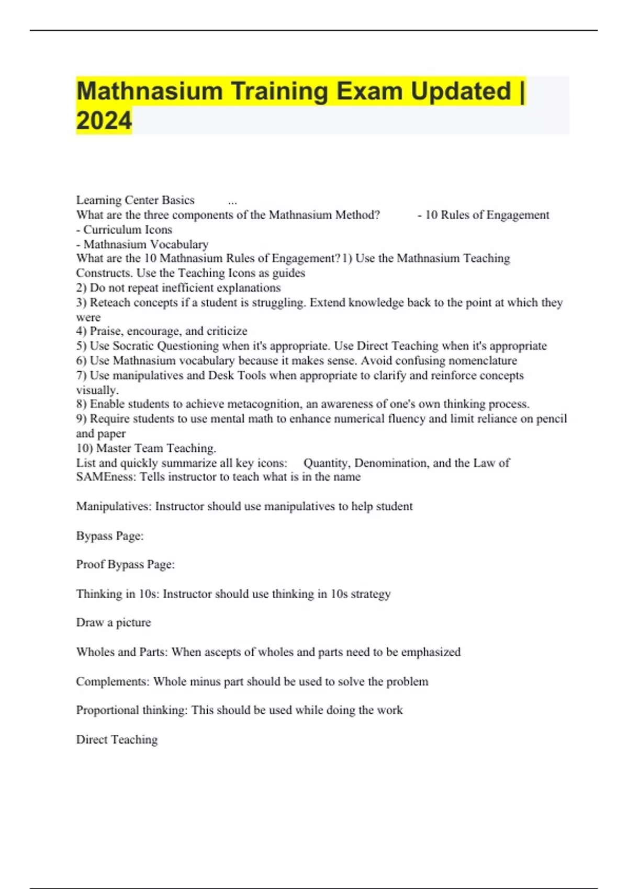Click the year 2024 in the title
pyautogui.click(x=104, y=121)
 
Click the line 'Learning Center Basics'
pyautogui.click(x=135, y=200)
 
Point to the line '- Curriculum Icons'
pyautogui.click(x=124, y=230)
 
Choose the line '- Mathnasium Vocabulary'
pyautogui.click(x=142, y=244)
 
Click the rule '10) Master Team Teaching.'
pyautogui.click(x=146, y=448)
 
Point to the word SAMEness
pyautogui.click(x=106, y=477)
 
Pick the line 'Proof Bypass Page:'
pyautogui.click(x=126, y=565)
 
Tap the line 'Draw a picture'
pyautogui.click(x=114, y=623)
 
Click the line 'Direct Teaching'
pyautogui.click(x=117, y=739)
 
